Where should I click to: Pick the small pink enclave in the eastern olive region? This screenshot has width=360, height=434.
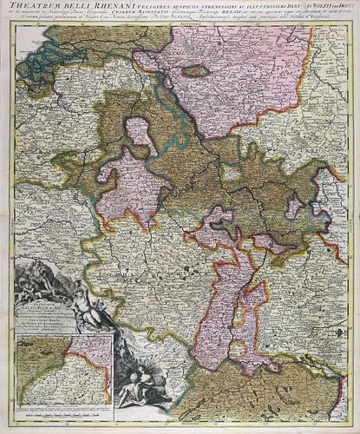click(x=295, y=205)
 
